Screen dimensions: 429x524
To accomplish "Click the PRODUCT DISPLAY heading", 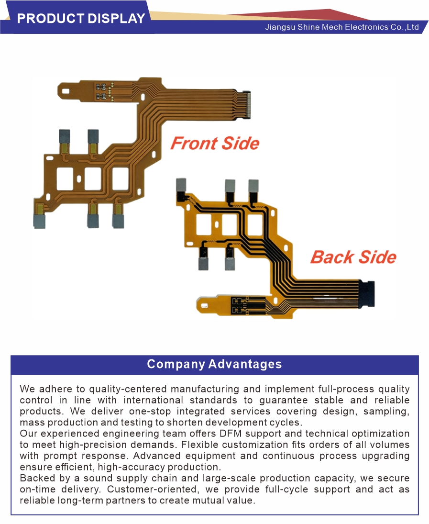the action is point(81,18).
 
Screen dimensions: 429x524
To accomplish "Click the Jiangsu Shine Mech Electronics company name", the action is point(342,27).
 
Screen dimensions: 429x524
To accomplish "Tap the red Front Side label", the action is point(215,144).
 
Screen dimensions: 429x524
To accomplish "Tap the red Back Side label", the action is point(353,257).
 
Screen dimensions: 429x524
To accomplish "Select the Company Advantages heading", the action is point(214,364).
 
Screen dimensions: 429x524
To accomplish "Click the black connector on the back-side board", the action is point(367,293).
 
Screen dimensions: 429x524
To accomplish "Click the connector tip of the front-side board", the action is point(247,104).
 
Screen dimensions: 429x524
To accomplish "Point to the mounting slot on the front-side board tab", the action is point(66,91).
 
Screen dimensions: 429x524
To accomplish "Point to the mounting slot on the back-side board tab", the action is point(204,305).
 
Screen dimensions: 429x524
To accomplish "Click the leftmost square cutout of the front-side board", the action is point(65,178).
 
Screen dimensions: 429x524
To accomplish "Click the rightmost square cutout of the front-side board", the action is point(120,178).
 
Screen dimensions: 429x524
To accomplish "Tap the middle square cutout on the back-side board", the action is point(230,224).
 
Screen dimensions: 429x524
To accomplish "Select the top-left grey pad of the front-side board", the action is point(65,135).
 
